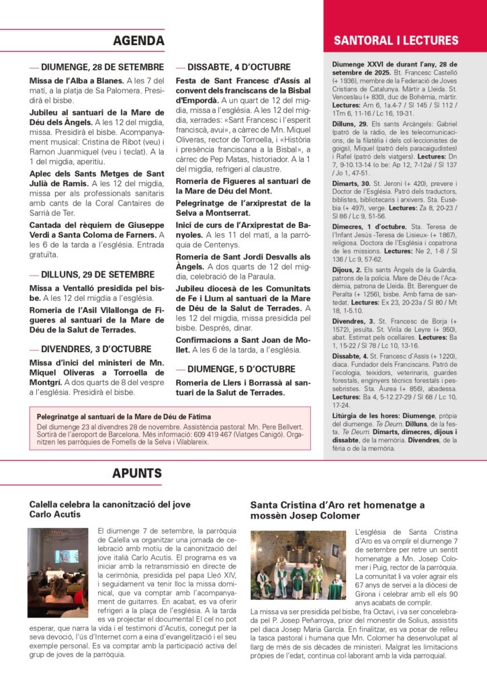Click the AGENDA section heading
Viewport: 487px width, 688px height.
(138, 40)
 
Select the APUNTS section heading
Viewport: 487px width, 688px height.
(137, 473)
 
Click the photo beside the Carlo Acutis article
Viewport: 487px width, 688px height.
(58, 564)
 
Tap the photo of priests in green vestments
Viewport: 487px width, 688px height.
(298, 565)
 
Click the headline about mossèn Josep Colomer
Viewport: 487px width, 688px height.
(337, 509)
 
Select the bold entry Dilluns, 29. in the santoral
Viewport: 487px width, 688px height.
(350, 124)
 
